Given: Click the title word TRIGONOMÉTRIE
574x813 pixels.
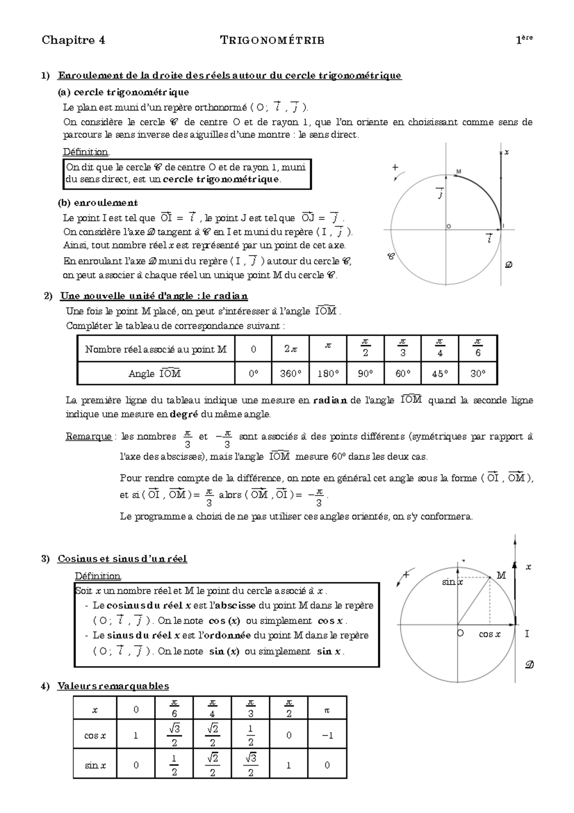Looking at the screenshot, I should click(272, 40).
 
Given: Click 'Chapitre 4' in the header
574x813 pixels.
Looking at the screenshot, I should click(73, 40).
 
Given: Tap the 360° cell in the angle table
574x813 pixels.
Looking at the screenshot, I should click(290, 374).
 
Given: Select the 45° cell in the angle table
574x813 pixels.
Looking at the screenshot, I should click(440, 374).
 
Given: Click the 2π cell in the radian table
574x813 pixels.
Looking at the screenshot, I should click(290, 350).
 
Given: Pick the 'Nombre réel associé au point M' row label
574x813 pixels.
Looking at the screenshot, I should click(156, 350).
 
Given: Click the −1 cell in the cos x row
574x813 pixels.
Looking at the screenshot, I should click(327, 735).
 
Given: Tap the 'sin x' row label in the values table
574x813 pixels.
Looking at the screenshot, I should click(95, 765).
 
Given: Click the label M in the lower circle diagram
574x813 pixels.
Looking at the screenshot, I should click(501, 576).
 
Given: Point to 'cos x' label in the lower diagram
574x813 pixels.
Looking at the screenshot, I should click(489, 634).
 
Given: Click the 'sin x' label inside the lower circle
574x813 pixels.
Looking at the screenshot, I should click(452, 582).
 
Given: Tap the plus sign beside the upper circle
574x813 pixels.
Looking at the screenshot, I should click(395, 168).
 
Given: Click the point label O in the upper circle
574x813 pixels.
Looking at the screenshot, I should click(449, 226).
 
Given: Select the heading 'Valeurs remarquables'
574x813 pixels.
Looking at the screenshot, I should click(113, 686).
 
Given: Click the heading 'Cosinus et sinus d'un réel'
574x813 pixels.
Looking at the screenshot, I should click(122, 559).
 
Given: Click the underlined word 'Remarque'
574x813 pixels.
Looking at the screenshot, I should click(88, 437).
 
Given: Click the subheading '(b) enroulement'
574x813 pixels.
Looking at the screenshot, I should click(98, 203).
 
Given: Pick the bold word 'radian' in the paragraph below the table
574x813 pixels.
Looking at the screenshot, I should click(330, 400).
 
